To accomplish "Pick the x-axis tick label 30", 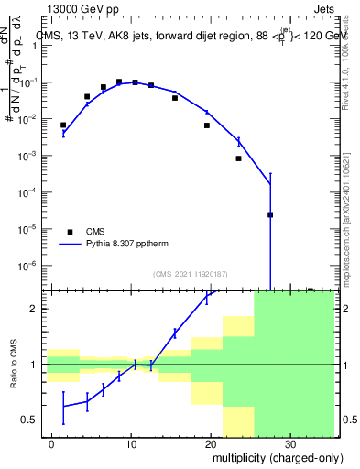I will click(289, 443).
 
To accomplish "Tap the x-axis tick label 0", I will click(52, 443).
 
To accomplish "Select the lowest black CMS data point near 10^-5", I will click(270, 215).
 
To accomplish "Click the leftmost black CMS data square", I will click(63, 125).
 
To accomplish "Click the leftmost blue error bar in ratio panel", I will click(63, 408).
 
